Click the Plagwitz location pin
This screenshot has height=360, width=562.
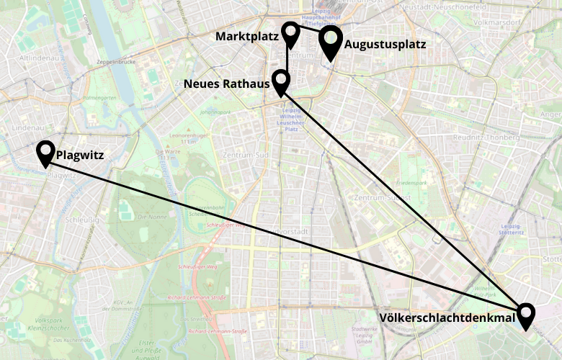(x=46, y=152)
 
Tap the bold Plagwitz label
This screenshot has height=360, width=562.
(x=81, y=153)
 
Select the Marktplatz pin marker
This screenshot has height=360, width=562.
(x=290, y=33)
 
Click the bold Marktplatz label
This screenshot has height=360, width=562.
(x=246, y=36)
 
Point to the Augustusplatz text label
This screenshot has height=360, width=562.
(x=385, y=45)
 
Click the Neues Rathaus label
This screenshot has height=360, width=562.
(x=226, y=84)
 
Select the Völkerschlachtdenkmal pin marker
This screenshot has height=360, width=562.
(x=527, y=315)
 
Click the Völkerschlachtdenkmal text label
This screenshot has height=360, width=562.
(x=447, y=317)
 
